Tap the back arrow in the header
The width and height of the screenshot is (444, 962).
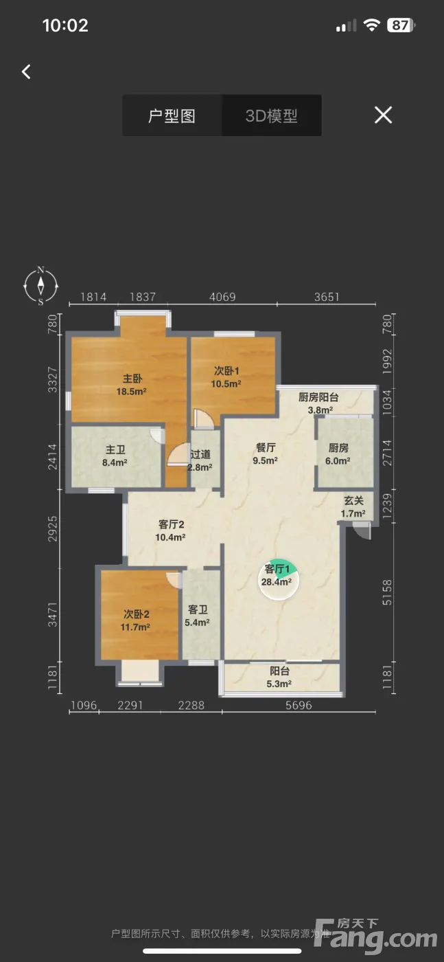(26, 71)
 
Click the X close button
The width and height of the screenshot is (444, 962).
(383, 115)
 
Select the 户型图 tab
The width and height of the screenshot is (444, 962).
(172, 115)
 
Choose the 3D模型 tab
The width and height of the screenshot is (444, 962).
(272, 115)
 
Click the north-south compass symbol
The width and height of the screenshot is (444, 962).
(40, 286)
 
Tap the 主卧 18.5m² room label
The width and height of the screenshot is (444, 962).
(132, 385)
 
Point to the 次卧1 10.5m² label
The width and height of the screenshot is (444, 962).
(226, 377)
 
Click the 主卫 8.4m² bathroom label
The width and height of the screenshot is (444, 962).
(115, 456)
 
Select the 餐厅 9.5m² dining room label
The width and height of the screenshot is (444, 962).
(266, 454)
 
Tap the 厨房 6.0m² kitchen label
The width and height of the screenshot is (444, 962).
(338, 454)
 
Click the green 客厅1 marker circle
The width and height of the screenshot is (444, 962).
(278, 579)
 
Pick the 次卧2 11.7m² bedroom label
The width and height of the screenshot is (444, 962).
(136, 620)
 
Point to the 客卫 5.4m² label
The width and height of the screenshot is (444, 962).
(198, 616)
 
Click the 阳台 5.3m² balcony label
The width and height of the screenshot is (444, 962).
(279, 678)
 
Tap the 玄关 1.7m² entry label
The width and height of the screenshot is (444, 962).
(353, 507)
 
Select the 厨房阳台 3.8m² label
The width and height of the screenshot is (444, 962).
(318, 403)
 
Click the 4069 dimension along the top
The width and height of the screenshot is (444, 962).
(222, 297)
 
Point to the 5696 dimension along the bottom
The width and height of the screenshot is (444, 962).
(299, 705)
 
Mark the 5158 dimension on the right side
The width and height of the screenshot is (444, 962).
(387, 592)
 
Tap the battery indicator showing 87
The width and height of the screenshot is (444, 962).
(401, 25)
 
